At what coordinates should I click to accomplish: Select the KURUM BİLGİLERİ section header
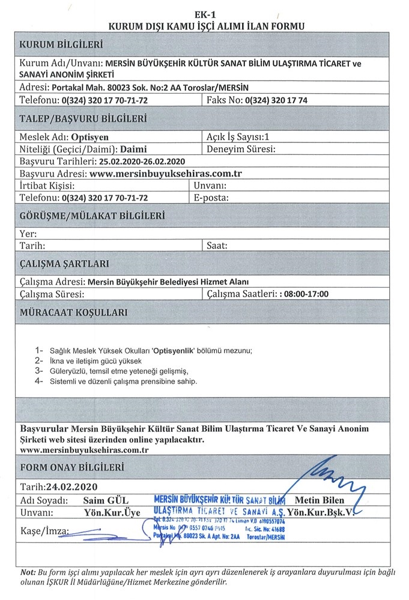click(x=62, y=45)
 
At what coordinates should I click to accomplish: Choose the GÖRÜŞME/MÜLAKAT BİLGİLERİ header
click(x=92, y=216)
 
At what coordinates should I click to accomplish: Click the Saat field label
click(x=217, y=245)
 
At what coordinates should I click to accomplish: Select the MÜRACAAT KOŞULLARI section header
click(x=73, y=313)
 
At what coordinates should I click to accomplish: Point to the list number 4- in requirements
click(x=40, y=381)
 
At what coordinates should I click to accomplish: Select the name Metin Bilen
click(x=321, y=500)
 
